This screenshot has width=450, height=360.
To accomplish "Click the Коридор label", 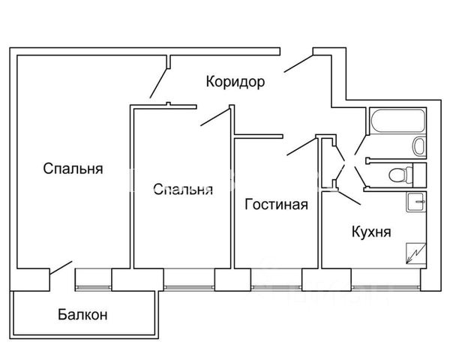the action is pyautogui.click(x=235, y=82).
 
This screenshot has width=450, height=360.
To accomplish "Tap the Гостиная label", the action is pyautogui.click(x=276, y=205).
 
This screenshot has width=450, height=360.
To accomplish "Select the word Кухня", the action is pyautogui.click(x=371, y=232).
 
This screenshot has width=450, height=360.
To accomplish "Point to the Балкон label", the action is pyautogui.click(x=82, y=315).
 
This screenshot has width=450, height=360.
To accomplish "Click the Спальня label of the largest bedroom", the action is pyautogui.click(x=73, y=169).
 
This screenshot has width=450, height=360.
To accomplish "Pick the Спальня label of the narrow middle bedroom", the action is pyautogui.click(x=183, y=190).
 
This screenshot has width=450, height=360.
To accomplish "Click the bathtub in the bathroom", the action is pyautogui.click(x=397, y=121).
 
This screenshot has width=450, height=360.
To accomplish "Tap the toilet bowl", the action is pyautogui.click(x=401, y=175).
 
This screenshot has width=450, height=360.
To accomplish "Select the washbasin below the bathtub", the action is pyautogui.click(x=419, y=145).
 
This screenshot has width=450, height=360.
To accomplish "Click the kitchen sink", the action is pyautogui.click(x=416, y=202).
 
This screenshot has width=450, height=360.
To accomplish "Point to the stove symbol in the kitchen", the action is pyautogui.click(x=415, y=253).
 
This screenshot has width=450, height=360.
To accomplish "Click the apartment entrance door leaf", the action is pyautogui.click(x=298, y=64).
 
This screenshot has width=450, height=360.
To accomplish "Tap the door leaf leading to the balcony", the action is pyautogui.click(x=61, y=268).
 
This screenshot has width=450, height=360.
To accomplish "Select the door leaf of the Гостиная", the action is pyautogui.click(x=301, y=147).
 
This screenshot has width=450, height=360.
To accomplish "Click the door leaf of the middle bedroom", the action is pyautogui.click(x=215, y=117).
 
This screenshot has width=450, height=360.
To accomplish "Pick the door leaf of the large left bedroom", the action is pyautogui.click(x=158, y=83).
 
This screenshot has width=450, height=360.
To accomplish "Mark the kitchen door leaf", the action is pyautogui.click(x=349, y=197).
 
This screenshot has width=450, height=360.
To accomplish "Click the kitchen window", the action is pyautogui.click(x=386, y=287).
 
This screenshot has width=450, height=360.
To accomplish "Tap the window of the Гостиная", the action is pyautogui.click(x=276, y=287).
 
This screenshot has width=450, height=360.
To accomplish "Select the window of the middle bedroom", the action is pyautogui.click(x=190, y=287).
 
